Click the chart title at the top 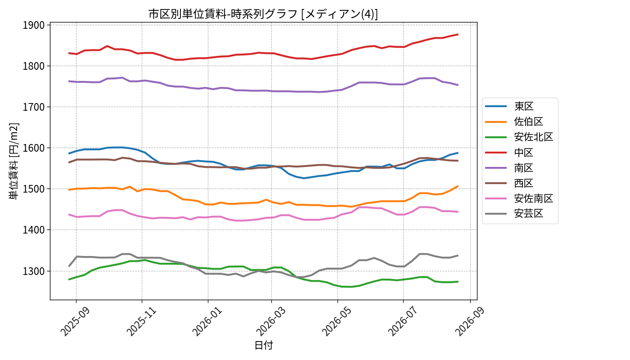coord(263,14)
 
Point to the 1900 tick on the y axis coord(34,25)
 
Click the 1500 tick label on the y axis coord(34,189)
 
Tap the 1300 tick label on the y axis coord(34,271)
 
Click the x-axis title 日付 coord(264,346)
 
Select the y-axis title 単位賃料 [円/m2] coord(13,161)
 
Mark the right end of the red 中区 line coord(458,34)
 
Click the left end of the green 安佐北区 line coord(69,279)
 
